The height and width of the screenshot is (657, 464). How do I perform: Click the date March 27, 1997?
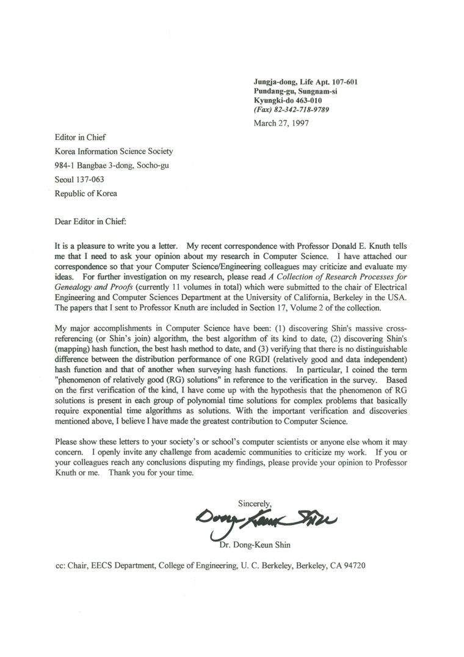[281, 122]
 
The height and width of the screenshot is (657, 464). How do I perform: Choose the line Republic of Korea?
[86, 194]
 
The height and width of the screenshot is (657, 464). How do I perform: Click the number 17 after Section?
[295, 307]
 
